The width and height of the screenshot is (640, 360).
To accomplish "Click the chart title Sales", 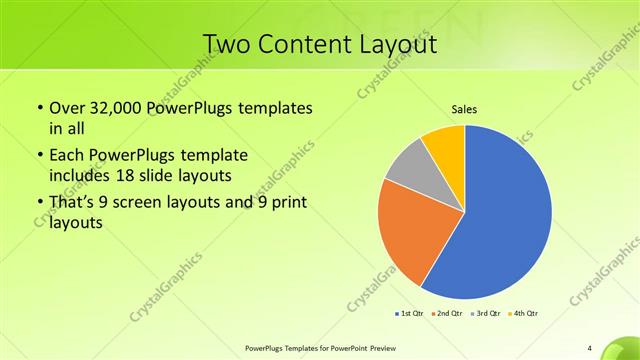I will pyautogui.click(x=464, y=108).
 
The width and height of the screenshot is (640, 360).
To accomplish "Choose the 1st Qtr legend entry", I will pyautogui.click(x=409, y=314).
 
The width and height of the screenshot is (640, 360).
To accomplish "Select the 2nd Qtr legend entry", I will pyautogui.click(x=447, y=314).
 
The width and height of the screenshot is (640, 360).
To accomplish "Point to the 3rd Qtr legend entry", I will pyautogui.click(x=486, y=314).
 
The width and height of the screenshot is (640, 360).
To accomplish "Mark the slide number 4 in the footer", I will pyautogui.click(x=590, y=348).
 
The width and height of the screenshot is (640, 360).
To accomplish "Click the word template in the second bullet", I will pyautogui.click(x=214, y=155).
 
